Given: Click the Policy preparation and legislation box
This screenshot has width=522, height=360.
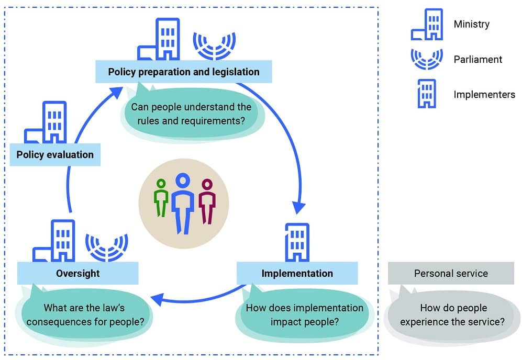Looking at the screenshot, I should point(184,72).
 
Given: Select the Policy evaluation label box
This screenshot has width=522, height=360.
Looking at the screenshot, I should point(55,154).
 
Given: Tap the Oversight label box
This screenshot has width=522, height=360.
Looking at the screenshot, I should point(77,273).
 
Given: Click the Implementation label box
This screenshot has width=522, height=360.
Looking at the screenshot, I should point(297,273).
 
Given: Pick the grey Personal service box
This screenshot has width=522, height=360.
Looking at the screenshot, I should point(451,273).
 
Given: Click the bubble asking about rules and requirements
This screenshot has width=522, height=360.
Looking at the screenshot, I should point(191,114).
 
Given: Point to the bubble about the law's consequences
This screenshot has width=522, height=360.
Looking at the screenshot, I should point(85,314).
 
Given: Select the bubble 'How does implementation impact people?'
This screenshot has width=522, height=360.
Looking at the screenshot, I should point(304,314).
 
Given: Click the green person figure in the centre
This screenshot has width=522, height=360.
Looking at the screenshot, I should point(161,197).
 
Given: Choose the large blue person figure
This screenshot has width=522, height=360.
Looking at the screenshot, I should point(182,201).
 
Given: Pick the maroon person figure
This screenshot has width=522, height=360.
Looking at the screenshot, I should point(207,200).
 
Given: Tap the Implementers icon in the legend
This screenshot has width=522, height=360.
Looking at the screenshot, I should point(427,94).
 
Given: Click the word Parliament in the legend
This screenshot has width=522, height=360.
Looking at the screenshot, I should point(477,60).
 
